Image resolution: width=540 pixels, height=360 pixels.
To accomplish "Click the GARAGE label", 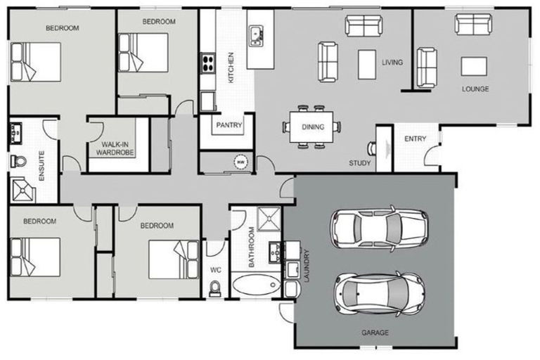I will (375, 332).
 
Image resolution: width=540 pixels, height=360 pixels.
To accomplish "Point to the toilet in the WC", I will (215, 287).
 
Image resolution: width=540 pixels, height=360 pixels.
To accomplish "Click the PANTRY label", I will (229, 126).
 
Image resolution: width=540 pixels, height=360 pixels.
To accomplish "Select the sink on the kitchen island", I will (255, 33).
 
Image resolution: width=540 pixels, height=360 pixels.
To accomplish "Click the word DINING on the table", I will (313, 127).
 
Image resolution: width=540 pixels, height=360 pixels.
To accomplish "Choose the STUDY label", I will (359, 163).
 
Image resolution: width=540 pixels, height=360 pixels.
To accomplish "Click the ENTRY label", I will (415, 139).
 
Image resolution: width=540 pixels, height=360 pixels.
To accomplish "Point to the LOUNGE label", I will (475, 89).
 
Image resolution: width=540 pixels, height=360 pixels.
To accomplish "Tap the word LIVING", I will (392, 62).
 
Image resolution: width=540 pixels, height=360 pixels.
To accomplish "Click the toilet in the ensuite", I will (18, 162).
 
